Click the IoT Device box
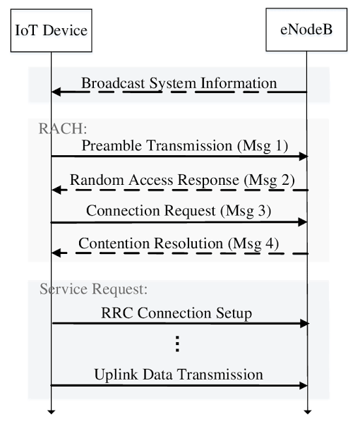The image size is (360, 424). tap(52, 30)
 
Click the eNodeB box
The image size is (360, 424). tap(306, 30)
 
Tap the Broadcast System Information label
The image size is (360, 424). tap(179, 83)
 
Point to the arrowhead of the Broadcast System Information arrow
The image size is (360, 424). tap(56, 92)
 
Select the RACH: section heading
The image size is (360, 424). tap(63, 128)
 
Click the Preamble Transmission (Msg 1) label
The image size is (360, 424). tap(185, 145)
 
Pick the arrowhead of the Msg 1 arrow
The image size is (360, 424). tap(304, 156)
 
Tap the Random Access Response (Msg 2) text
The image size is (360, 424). tap(182, 180)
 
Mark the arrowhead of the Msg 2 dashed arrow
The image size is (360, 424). tap(56, 190)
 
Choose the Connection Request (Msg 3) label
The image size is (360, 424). tap(179, 211)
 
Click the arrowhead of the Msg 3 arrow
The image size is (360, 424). tap(302, 222)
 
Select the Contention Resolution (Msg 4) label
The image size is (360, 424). tap(179, 243)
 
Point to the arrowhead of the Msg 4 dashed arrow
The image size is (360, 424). tap(56, 253)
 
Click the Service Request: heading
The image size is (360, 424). tap(94, 289)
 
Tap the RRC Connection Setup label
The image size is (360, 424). tap(176, 313)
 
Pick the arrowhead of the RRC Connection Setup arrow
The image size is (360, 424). tap(304, 323)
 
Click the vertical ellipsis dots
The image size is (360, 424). tap(177, 344)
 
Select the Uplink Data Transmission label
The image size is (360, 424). tap(179, 375)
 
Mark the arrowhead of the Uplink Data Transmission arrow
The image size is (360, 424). tap(303, 386)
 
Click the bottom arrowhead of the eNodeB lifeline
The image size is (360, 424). tap(307, 412)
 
